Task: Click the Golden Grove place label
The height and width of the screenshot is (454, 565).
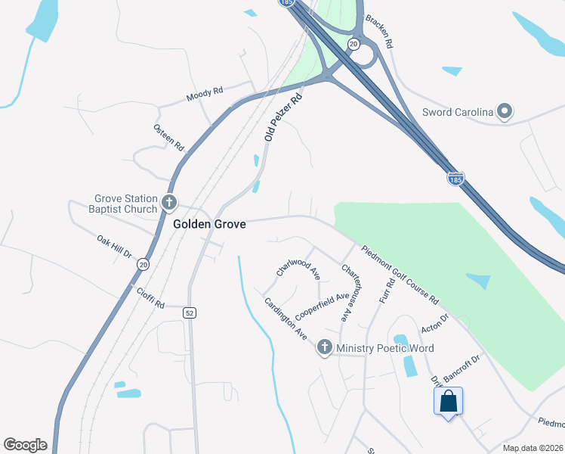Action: pos(209,225)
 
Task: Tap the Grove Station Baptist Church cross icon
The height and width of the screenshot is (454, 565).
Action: pos(168,203)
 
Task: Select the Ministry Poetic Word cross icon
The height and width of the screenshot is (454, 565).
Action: pos(325,348)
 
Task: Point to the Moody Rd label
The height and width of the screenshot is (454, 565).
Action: pos(205,95)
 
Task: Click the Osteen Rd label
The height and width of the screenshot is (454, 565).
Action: pos(169,136)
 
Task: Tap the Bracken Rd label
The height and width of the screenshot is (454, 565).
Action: pos(379,32)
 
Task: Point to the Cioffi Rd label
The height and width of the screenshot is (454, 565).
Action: pos(150,297)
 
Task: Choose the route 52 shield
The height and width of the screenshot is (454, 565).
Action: pos(189,313)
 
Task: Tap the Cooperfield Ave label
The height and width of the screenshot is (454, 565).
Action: pos(322,306)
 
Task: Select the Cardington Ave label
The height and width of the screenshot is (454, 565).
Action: pos(286,319)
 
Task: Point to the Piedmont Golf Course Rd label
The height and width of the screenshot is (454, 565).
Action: pos(400,274)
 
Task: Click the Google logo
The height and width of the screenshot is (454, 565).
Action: pos(25,445)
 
